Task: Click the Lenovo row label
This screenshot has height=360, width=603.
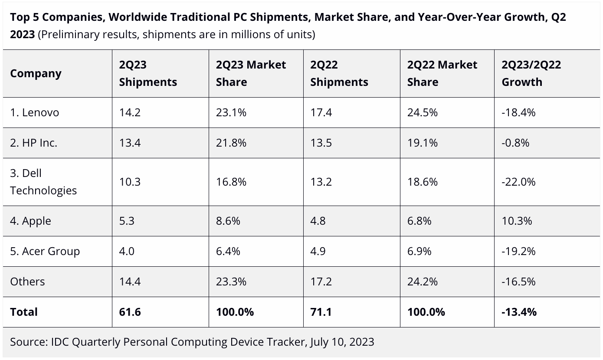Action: (x=35, y=113)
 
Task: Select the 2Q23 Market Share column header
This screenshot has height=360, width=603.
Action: (x=251, y=73)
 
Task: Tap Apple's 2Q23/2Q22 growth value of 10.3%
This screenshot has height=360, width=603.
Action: (x=517, y=221)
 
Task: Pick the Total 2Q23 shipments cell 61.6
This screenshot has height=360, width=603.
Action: (x=130, y=312)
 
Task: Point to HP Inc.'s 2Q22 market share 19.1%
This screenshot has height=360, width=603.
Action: (x=422, y=143)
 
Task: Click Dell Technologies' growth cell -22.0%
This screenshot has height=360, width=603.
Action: (x=518, y=182)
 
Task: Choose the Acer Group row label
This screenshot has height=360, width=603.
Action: (x=45, y=252)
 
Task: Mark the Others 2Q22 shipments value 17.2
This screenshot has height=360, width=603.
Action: (x=321, y=282)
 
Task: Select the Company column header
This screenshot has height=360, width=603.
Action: (x=36, y=73)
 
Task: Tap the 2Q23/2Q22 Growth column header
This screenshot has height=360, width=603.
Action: (x=531, y=73)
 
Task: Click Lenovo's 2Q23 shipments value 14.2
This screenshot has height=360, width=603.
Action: (x=130, y=113)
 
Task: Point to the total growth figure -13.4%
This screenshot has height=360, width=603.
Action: (x=519, y=312)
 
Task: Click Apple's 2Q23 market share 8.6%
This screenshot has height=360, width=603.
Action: (x=228, y=221)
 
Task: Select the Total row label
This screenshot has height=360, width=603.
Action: (x=24, y=312)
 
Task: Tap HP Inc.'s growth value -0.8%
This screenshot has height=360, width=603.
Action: (x=515, y=143)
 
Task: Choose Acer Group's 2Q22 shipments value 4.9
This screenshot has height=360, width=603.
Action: (x=318, y=252)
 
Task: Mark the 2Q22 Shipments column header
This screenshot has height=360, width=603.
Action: (x=339, y=73)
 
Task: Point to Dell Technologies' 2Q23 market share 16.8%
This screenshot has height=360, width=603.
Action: (x=231, y=182)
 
